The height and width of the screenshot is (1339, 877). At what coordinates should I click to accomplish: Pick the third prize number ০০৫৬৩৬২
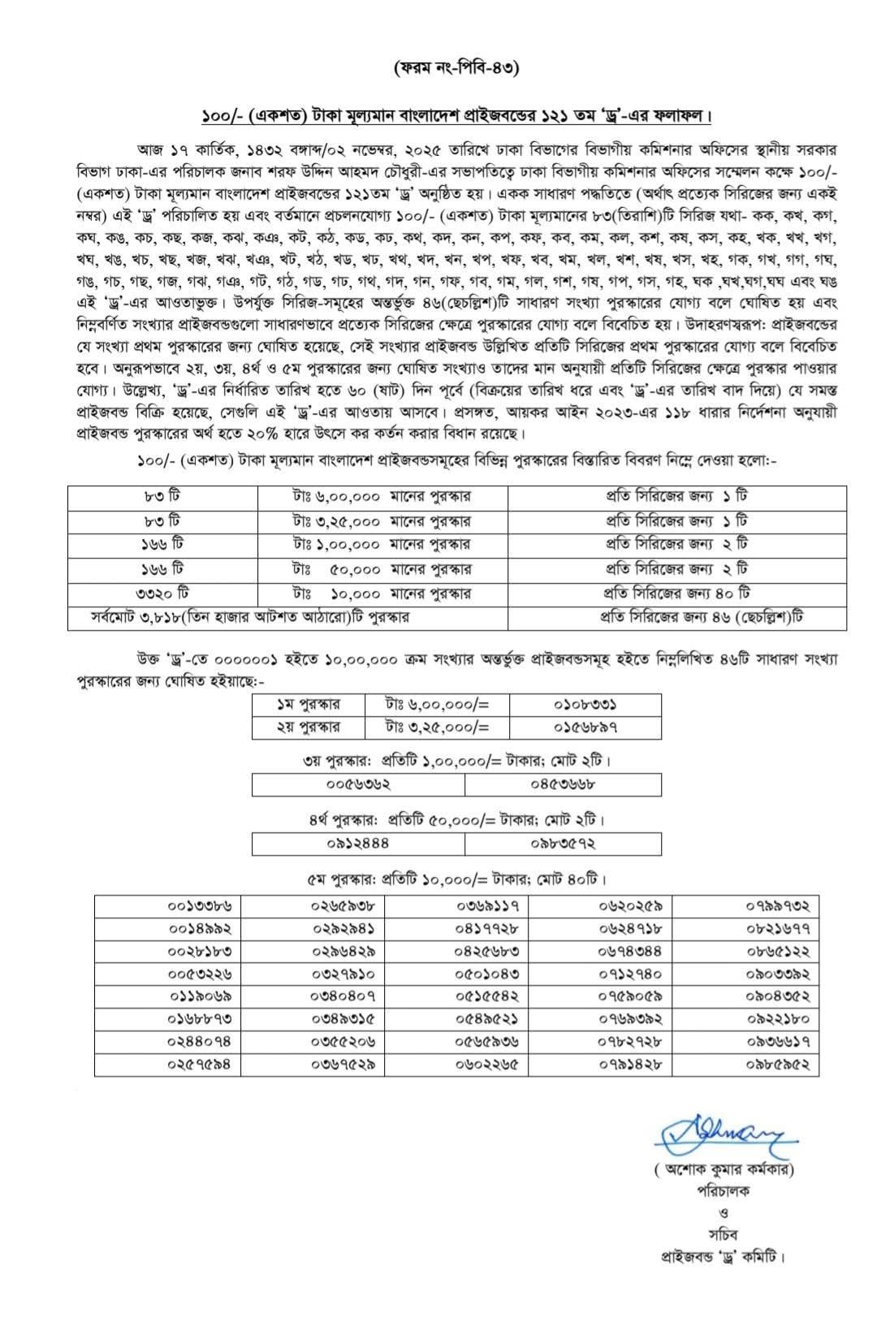pyautogui.click(x=358, y=784)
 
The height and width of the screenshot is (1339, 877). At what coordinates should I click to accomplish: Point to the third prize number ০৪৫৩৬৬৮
pyautogui.click(x=563, y=784)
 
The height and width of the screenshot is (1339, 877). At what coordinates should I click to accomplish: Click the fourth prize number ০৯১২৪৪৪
pyautogui.click(x=358, y=844)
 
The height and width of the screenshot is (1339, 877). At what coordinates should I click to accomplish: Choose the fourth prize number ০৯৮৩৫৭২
pyautogui.click(x=563, y=844)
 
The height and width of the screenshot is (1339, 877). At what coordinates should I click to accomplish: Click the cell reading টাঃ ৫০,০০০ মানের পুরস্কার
pyautogui.click(x=382, y=569)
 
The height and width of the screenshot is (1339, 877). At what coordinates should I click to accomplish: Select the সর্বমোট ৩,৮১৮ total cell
pyautogui.click(x=252, y=617)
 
